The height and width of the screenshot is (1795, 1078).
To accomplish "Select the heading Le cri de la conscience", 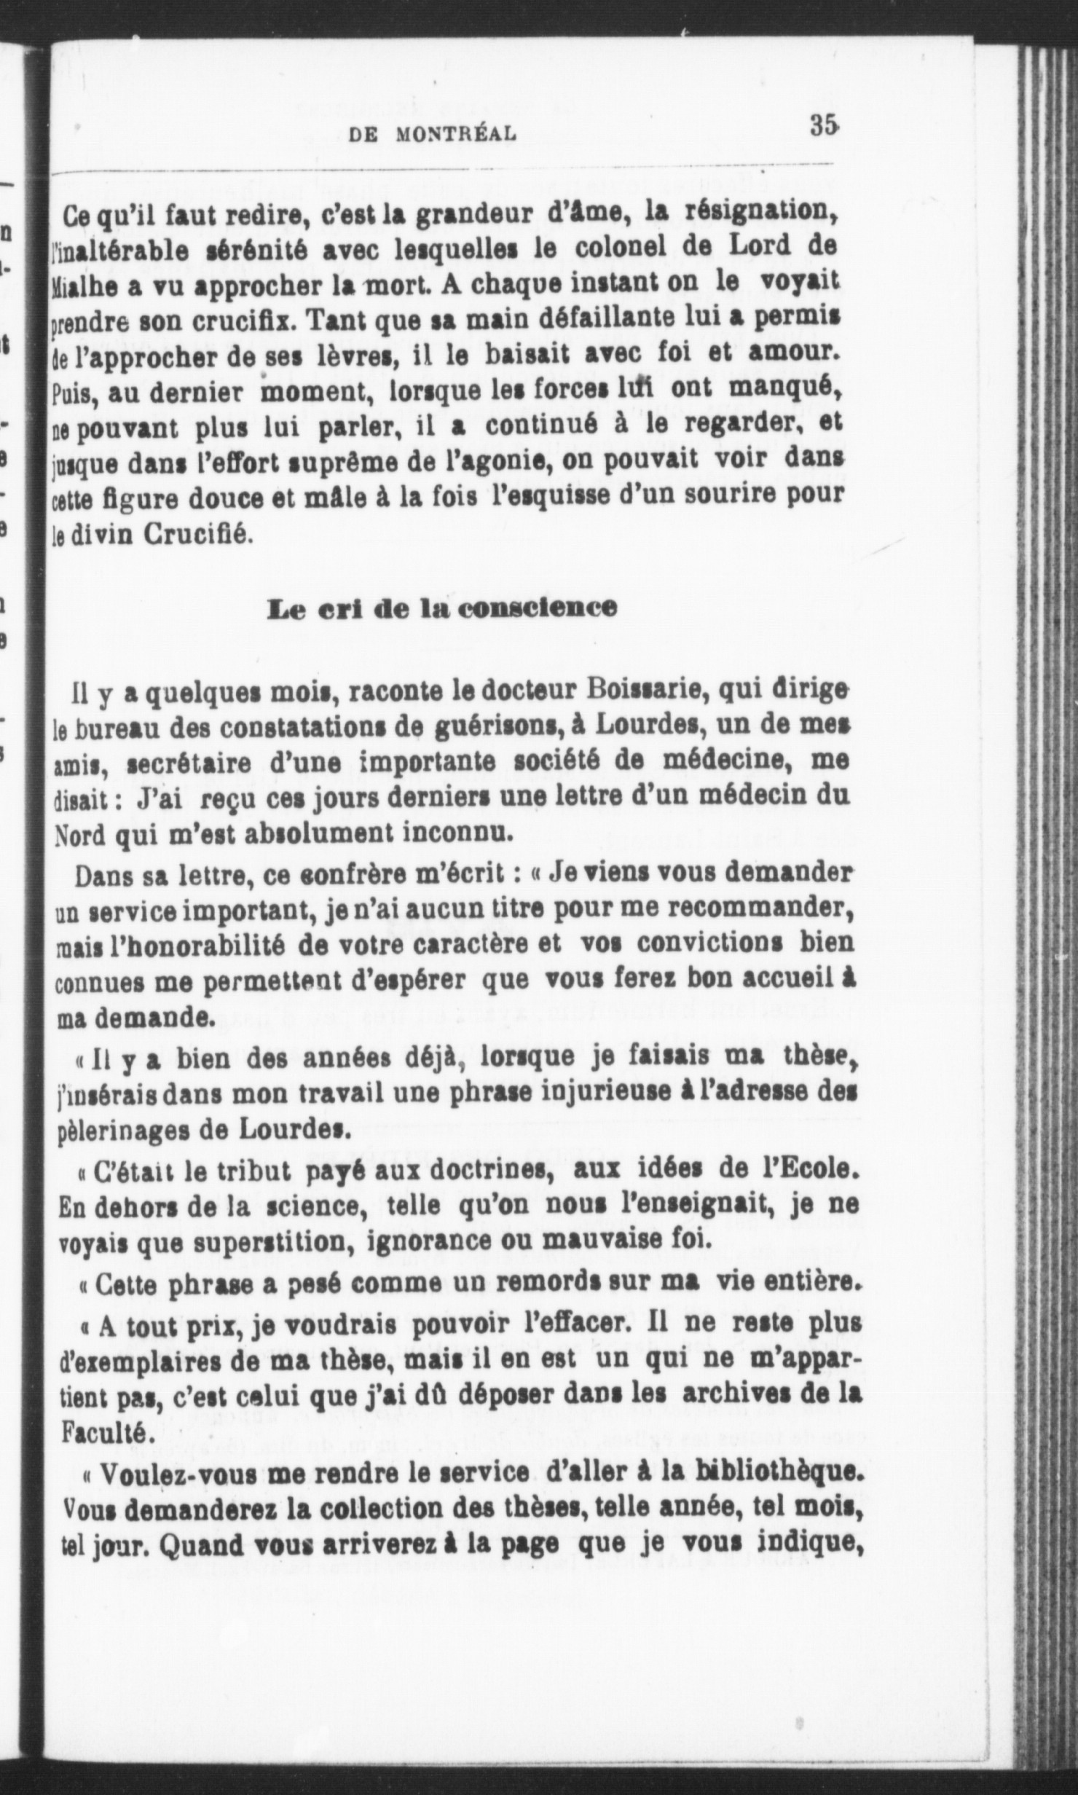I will (x=442, y=608).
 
